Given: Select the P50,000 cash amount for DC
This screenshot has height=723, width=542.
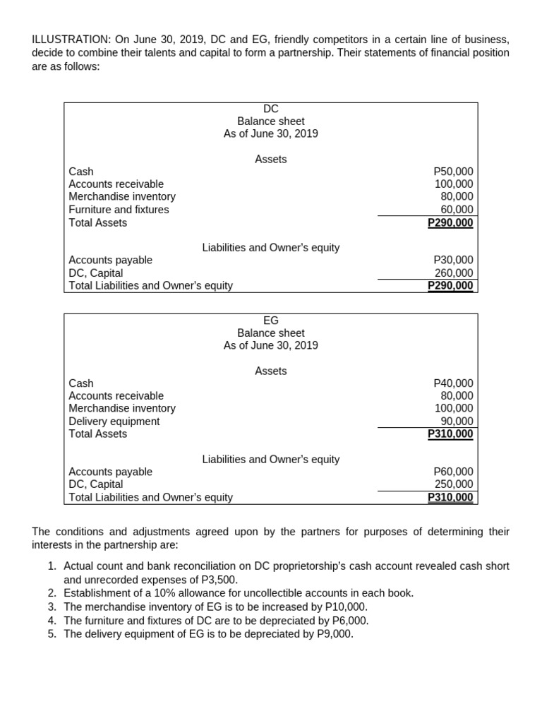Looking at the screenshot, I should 453,172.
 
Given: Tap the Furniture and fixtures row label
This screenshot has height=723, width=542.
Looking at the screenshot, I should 119,210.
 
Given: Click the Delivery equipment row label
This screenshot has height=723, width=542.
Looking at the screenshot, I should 114,422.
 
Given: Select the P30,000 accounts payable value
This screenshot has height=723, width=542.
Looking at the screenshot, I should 453,261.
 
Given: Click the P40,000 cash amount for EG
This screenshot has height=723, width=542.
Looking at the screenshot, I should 453,383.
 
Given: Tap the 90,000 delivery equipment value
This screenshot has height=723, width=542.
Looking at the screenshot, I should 457,422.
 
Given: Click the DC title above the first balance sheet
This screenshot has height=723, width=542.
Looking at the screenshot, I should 271,109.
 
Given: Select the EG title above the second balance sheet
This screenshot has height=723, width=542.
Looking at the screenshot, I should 271,321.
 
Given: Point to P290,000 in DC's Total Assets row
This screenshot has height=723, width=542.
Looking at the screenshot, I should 451,223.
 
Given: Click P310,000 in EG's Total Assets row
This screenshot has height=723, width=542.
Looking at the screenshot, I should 451,434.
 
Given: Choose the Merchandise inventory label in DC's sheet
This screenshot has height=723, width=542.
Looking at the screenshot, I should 122,197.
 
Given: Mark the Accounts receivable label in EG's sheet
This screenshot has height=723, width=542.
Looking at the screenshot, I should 116,396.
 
